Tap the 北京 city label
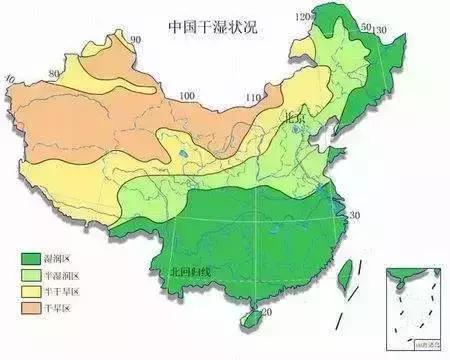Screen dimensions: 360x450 click(x=294, y=117)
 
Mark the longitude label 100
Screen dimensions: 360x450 click(x=186, y=96)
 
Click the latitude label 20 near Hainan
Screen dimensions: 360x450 click(x=265, y=313)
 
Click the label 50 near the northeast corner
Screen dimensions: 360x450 click(x=366, y=27)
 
